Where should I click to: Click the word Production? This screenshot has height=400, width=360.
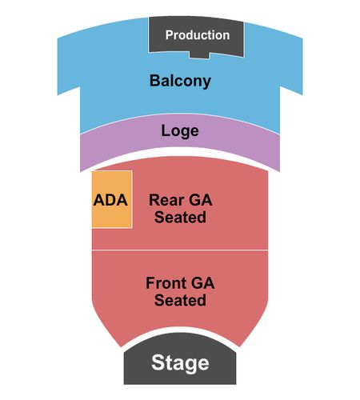198,35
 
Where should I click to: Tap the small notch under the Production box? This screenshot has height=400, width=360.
199,54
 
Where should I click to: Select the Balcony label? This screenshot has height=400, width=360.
180,81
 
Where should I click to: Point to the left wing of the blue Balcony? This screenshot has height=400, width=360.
69,64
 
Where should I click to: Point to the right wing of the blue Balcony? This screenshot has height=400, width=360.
291,64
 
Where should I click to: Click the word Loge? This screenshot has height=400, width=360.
180,131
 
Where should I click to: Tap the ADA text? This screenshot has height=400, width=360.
110,200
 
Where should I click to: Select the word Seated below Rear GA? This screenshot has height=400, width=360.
180,217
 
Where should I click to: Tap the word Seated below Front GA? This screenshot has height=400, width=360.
180,300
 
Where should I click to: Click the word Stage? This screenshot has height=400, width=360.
180,363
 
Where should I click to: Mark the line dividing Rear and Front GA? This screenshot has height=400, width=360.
180,250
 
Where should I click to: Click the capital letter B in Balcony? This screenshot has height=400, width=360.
154,81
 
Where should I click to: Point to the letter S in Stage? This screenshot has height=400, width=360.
158,362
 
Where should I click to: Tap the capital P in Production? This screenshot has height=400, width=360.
170,35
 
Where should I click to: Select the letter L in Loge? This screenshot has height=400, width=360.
165,130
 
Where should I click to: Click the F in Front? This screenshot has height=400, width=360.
150,283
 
